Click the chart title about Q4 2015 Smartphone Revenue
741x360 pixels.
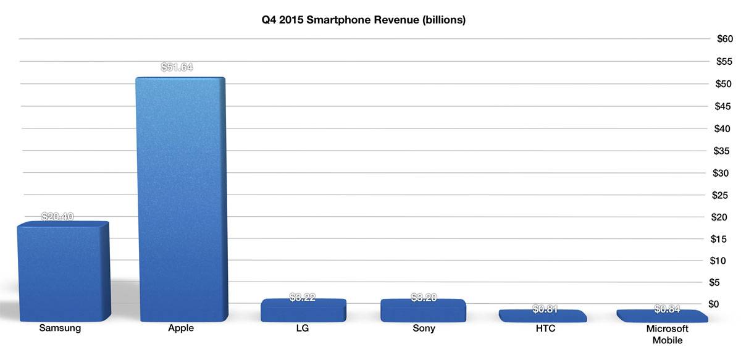(x=363, y=20)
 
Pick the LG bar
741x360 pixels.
(x=303, y=310)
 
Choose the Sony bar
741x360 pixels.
(x=423, y=310)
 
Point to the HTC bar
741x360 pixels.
(x=542, y=316)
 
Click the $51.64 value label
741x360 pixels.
(x=177, y=67)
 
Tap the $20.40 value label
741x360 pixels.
(x=58, y=217)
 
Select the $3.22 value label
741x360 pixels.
(x=303, y=298)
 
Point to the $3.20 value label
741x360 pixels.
(x=424, y=298)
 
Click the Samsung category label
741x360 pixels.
(x=60, y=329)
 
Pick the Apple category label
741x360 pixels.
(x=181, y=329)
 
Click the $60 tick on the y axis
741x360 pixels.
(x=724, y=39)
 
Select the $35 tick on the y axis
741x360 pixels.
(x=724, y=150)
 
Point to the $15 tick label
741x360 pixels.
(x=724, y=238)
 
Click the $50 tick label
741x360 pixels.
(x=724, y=83)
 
